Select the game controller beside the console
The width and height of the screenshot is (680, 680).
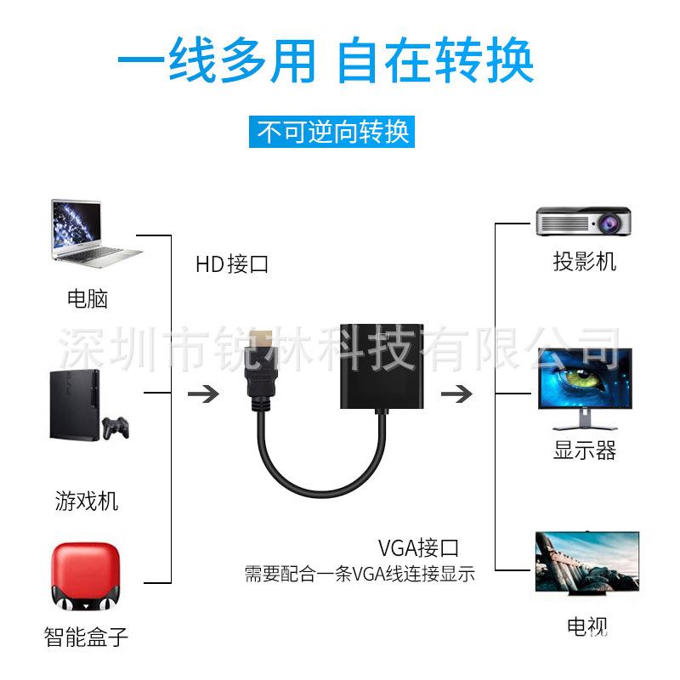pyautogui.click(x=116, y=427)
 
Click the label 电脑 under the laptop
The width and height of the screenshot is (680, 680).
pyautogui.click(x=88, y=298)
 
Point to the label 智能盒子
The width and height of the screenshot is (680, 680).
pyautogui.click(x=87, y=635)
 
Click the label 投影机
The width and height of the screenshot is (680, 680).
pyautogui.click(x=585, y=261)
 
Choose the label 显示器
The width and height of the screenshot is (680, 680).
pyautogui.click(x=585, y=450)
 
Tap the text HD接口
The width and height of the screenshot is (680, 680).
pyautogui.click(x=231, y=264)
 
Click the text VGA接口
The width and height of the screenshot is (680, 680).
pyautogui.click(x=418, y=547)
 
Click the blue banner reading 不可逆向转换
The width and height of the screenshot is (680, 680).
pyautogui.click(x=334, y=132)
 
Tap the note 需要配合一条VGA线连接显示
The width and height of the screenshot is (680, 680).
pyautogui.click(x=359, y=574)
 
